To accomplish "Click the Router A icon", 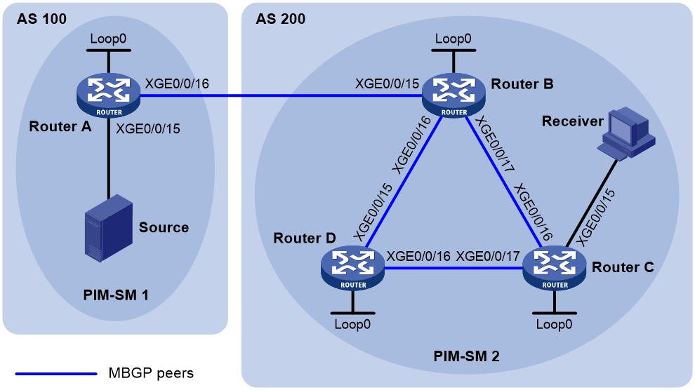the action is point(109,95).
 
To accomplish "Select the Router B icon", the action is point(454,95).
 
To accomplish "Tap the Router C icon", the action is point(555,268).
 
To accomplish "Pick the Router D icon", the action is point(353,268).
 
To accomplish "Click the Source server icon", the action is point(109,228).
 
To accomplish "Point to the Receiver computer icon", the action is point(626,133).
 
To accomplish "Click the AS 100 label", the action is point(41,19).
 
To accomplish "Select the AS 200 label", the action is point(281,19).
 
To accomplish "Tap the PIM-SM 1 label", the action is point(116,295).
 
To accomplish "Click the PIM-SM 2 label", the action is point(466,356).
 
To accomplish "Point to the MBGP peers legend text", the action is point(151,373).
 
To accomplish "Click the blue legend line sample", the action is point(56,374).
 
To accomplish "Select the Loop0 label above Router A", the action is point(108,39).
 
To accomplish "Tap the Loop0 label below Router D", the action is point(352,325).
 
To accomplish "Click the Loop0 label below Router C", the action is point(554,325).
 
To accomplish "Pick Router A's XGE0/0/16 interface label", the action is point(178,83).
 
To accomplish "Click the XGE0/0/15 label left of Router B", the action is point(387,83).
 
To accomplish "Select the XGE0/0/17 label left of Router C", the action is point(488,256).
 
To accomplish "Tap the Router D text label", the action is point(305,238).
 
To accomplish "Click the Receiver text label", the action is point(573,121).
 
